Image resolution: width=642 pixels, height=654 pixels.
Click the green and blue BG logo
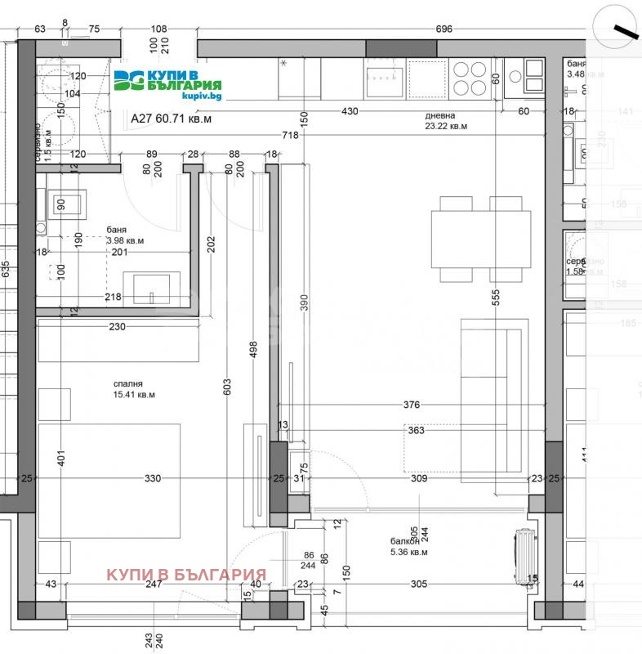pyautogui.click(x=127, y=80)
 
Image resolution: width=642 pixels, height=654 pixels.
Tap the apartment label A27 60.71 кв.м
pyautogui.click(x=171, y=119)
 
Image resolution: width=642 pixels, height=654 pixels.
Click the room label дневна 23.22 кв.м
pyautogui.click(x=445, y=121)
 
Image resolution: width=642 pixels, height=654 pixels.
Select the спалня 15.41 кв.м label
pyautogui.click(x=134, y=388)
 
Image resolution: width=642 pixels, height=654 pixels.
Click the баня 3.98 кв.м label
pyautogui.click(x=124, y=235)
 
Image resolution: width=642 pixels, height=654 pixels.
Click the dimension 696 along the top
pyautogui.click(x=444, y=29)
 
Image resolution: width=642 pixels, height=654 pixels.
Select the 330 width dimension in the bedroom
pyautogui.click(x=152, y=478)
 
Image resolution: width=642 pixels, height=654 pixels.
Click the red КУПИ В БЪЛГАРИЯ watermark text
pyautogui.click(x=186, y=574)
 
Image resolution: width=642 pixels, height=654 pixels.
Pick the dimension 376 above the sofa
pyautogui.click(x=412, y=405)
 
